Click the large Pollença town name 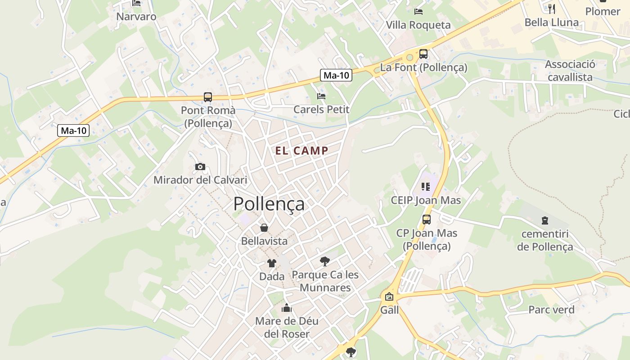click(x=269, y=204)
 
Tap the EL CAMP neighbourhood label click(x=301, y=151)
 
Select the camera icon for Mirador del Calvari click(x=200, y=167)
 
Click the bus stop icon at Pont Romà click(x=207, y=97)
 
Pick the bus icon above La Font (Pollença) click(x=423, y=54)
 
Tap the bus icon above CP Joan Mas click(x=426, y=220)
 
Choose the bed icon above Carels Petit click(x=321, y=96)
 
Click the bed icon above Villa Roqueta click(x=418, y=11)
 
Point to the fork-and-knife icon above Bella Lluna click(x=552, y=9)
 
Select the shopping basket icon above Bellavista click(x=264, y=228)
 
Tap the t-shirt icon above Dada click(x=272, y=263)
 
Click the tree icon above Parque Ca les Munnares click(x=324, y=261)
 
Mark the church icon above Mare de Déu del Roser click(x=287, y=308)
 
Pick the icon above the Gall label click(x=389, y=297)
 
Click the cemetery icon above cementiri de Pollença click(x=545, y=220)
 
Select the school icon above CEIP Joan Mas click(x=426, y=186)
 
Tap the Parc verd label click(x=551, y=310)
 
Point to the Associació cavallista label click(x=570, y=71)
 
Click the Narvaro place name click(x=136, y=17)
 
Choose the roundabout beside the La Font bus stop click(x=409, y=58)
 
